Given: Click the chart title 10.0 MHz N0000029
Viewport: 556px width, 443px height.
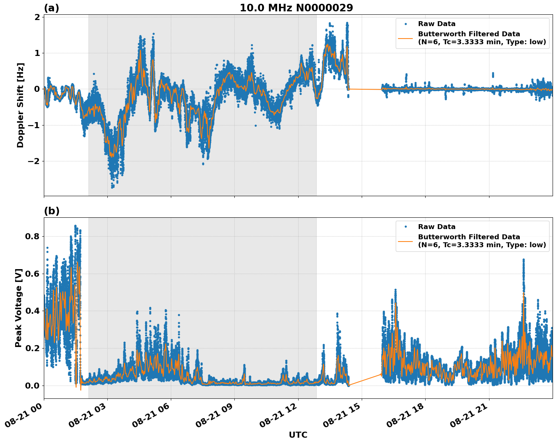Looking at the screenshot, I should (296, 8).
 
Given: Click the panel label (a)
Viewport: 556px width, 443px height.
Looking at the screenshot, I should (51, 8).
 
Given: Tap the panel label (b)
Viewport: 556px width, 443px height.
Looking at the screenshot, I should (51, 211).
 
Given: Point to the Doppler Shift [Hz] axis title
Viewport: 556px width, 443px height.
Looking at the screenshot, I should (20, 105).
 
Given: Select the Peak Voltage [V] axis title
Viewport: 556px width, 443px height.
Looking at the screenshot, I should (19, 308).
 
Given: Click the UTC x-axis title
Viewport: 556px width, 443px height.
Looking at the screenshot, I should (298, 435).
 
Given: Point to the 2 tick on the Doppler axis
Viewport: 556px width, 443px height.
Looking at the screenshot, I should (37, 17).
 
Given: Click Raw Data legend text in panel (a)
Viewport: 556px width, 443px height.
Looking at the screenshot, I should (437, 24).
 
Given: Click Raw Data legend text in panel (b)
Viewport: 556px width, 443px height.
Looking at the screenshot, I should (437, 227).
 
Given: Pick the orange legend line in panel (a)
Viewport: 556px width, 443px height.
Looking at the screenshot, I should (406, 38).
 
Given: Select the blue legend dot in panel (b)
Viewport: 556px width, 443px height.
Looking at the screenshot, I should (406, 227).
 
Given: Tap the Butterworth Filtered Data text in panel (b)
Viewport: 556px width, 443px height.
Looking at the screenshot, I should (469, 237).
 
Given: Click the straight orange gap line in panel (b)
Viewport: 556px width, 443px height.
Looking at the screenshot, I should (365, 379).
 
